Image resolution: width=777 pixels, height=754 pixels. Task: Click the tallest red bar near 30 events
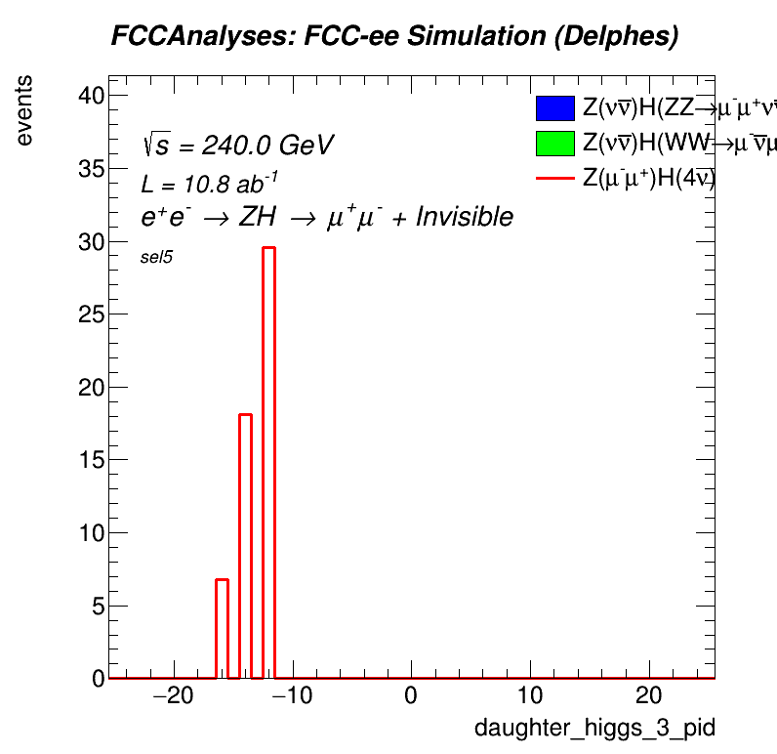coord(268,459)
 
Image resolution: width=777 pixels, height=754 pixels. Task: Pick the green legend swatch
coord(553,144)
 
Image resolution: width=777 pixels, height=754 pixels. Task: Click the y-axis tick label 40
coord(92,96)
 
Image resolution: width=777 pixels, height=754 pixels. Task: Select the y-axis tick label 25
coord(92,314)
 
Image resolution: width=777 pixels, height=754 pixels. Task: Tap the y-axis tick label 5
coord(98,606)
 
